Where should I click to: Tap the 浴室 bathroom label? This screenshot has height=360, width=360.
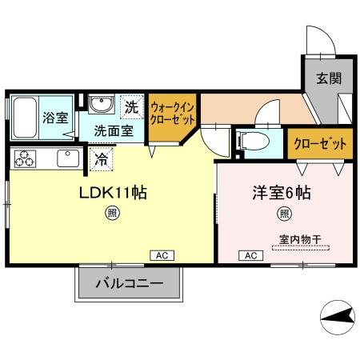pos(55,115)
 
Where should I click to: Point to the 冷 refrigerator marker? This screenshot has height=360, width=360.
pos(102,158)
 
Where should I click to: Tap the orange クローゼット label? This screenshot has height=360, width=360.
pos(319,145)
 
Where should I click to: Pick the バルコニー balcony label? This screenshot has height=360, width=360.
pos(130,284)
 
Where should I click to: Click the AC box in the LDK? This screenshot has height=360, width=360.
pos(159,255)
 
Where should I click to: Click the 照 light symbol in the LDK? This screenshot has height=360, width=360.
pos(114,214)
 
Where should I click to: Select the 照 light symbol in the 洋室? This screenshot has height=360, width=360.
pos(284,214)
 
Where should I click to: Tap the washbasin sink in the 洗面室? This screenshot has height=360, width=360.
pos(101,106)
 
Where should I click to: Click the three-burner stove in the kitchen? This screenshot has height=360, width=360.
pos(24,158)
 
